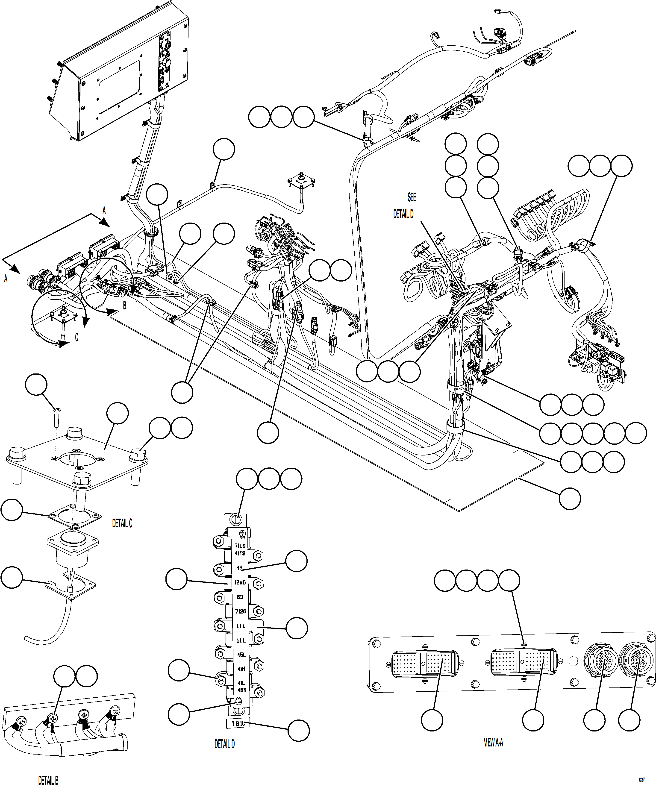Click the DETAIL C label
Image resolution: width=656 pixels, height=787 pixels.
122,523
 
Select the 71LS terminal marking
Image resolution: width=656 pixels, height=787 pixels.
240,546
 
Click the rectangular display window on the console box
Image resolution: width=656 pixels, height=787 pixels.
118,87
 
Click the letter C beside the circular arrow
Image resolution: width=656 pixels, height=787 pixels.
76,337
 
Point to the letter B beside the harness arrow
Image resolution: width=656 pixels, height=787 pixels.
124,306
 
